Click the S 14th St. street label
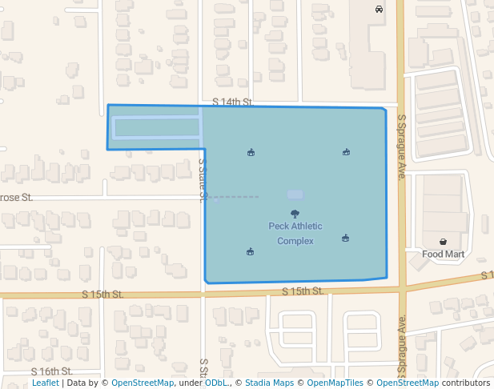(x=233, y=102)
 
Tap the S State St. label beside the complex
(x=203, y=180)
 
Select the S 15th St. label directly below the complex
(x=303, y=291)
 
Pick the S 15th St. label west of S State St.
(x=102, y=295)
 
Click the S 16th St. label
(x=52, y=371)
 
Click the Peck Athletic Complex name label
(x=295, y=233)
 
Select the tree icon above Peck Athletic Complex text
(x=295, y=214)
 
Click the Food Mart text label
(x=443, y=255)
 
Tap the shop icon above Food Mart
(x=443, y=242)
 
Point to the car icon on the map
(x=379, y=10)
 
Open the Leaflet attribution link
(x=45, y=383)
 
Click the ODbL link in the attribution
(x=217, y=383)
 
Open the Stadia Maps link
(x=269, y=383)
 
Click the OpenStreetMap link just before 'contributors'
(x=407, y=383)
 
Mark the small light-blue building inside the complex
(x=295, y=194)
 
